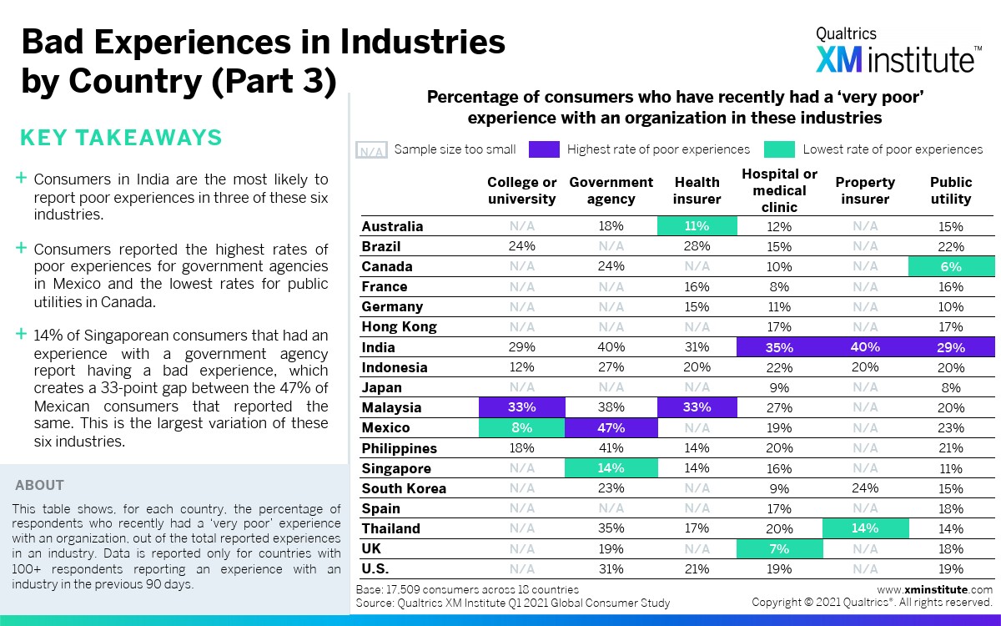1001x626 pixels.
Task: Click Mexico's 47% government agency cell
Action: [611, 427]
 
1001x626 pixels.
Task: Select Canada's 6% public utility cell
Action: [950, 267]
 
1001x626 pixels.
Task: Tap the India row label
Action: [378, 347]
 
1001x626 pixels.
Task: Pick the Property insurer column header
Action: [865, 190]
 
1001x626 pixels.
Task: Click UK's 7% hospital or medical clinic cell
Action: [779, 548]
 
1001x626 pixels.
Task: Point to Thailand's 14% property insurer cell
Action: [865, 528]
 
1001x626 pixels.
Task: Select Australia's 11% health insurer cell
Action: [697, 226]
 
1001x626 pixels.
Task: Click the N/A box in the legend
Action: [371, 150]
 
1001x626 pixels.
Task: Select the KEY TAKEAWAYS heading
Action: [121, 138]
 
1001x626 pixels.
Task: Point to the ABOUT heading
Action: [39, 485]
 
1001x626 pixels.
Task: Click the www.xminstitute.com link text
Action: [934, 589]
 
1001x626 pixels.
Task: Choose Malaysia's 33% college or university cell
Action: [522, 407]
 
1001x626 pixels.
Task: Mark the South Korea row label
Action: [404, 488]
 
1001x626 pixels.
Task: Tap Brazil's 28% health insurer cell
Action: [697, 246]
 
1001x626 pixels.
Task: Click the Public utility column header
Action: [951, 190]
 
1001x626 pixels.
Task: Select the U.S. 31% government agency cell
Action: [611, 568]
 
